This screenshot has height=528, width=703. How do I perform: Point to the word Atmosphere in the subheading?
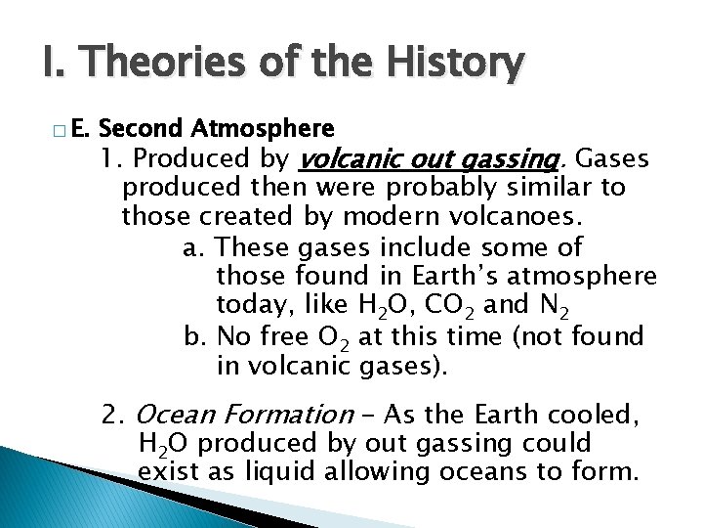(264, 128)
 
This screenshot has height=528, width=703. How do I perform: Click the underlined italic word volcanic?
(346, 158)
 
